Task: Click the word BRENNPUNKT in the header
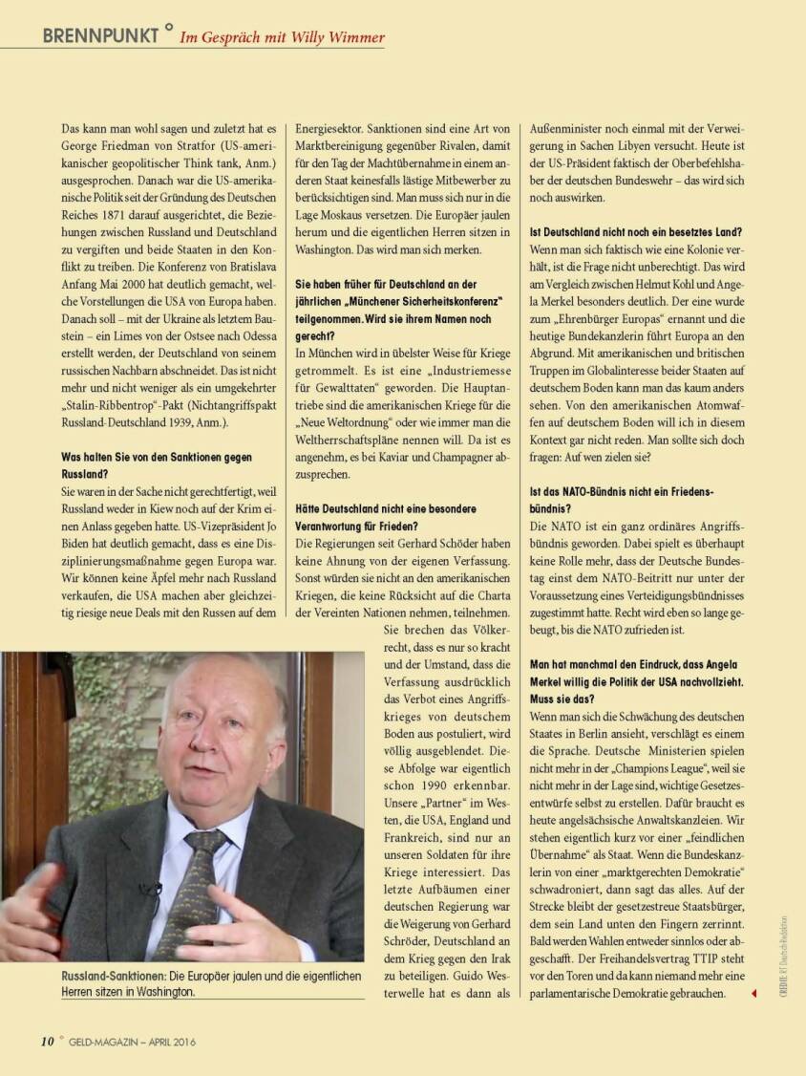[100, 36]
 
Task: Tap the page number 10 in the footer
[47, 1041]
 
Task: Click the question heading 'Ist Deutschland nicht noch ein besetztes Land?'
[636, 232]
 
